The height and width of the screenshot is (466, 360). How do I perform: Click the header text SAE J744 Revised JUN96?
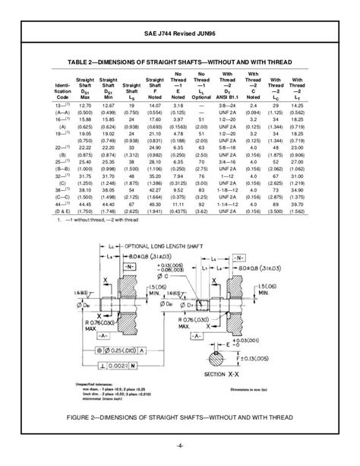click(x=180, y=33)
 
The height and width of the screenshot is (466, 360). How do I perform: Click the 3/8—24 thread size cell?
click(x=227, y=107)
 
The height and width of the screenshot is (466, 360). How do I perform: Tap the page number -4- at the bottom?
click(x=180, y=445)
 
